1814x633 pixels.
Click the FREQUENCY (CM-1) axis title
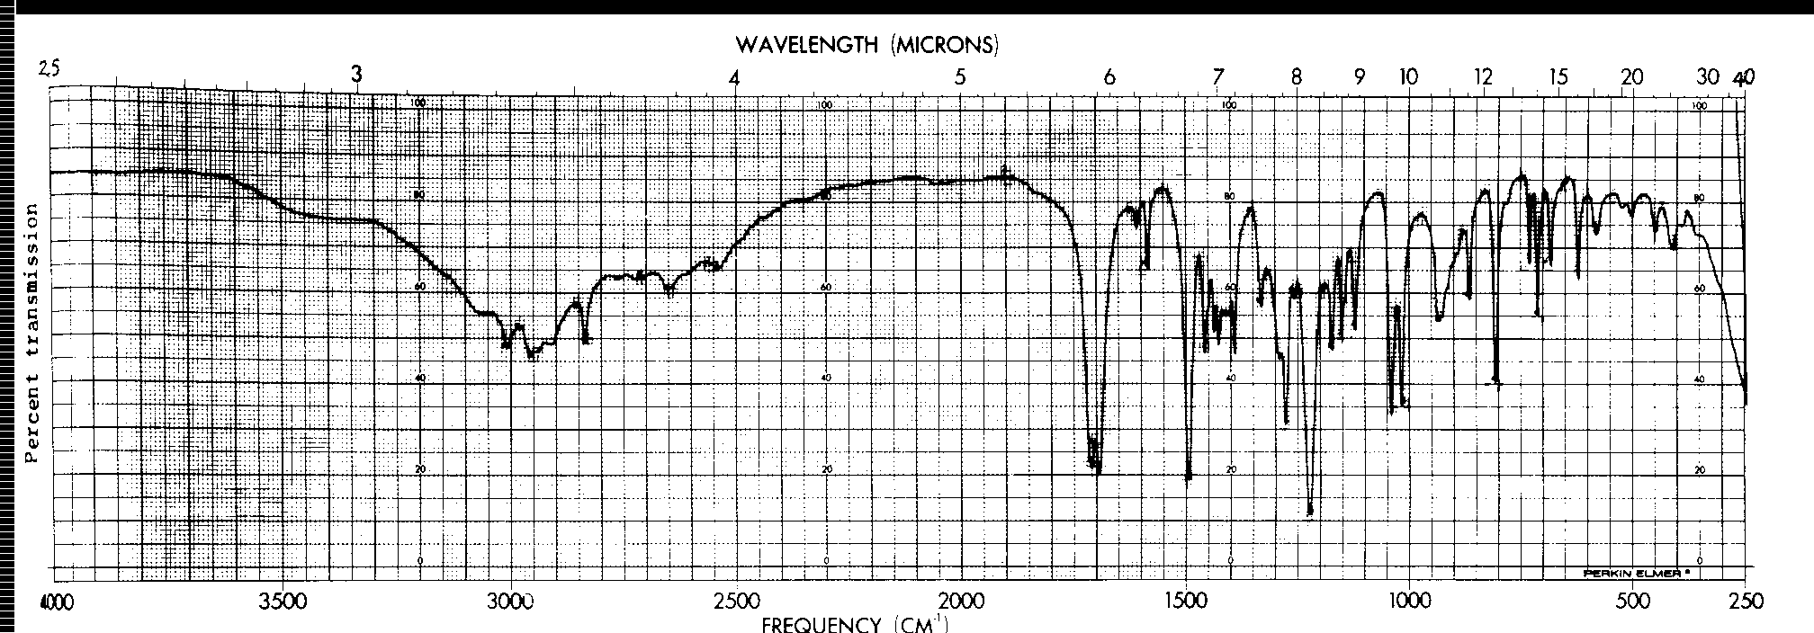pyautogui.click(x=854, y=623)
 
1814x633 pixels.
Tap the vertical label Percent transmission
pyautogui.click(x=32, y=333)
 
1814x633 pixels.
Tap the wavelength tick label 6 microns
pyautogui.click(x=1109, y=77)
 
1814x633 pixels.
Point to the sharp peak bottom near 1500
pyautogui.click(x=1189, y=478)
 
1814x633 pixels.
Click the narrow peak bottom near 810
pyautogui.click(x=1496, y=382)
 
